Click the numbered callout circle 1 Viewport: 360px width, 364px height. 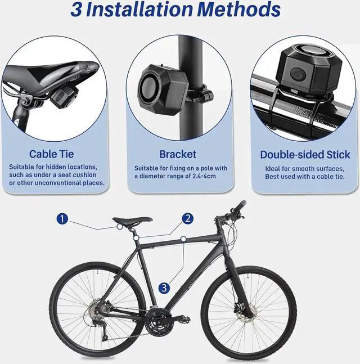tap(62, 219)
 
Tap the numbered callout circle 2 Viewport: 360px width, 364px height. tap(188, 218)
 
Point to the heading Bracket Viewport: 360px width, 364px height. tap(178, 154)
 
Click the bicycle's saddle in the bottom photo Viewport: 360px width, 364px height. tap(132, 221)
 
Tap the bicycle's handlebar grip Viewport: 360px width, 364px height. tap(240, 205)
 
